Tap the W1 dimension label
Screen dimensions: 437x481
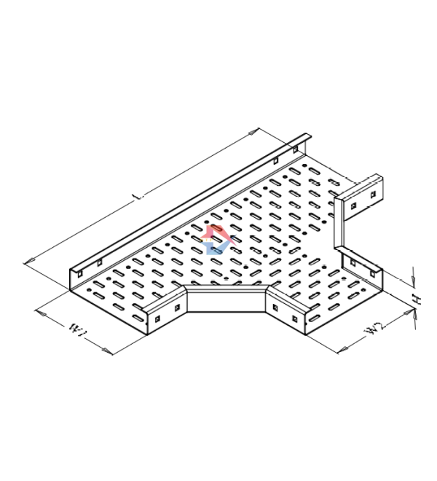78,329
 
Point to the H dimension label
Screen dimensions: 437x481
417,299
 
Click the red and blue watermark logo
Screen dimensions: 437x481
218,240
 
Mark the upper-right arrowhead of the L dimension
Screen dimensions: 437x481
253,132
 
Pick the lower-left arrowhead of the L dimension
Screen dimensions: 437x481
29,261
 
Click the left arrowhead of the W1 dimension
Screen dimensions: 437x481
41,313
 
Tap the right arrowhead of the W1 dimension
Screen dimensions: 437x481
107,351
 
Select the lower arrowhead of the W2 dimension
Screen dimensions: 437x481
342,349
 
